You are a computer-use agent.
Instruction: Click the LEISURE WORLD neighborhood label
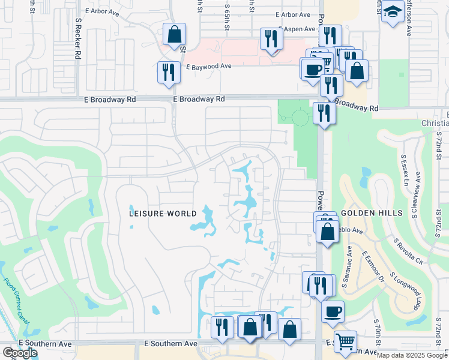tap(164, 214)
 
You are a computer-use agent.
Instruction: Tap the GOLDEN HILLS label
tap(366, 214)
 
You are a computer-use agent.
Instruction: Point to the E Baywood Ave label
tap(208, 67)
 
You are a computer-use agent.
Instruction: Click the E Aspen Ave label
tap(295, 29)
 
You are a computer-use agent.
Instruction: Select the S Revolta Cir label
tap(408, 251)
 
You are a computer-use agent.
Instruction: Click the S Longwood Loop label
tap(403, 291)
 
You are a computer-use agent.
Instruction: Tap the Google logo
tap(19, 353)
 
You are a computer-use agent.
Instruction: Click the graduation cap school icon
tap(393, 13)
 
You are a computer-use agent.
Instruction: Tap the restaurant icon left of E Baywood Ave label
tap(169, 72)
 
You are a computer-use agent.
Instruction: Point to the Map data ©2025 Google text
tap(412, 355)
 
